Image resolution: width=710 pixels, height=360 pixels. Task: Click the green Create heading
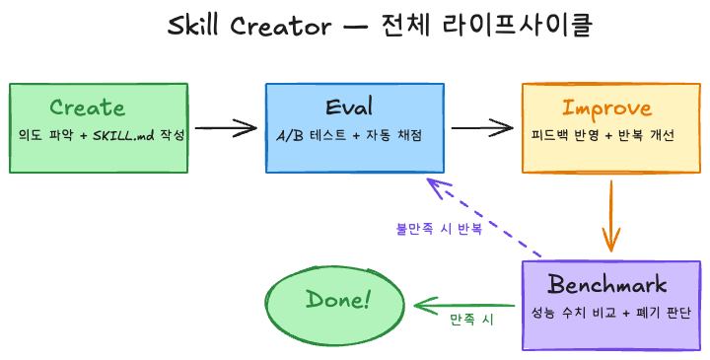87,108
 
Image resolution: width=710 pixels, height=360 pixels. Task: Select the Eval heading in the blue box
353,108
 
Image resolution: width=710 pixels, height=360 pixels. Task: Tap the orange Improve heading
606,108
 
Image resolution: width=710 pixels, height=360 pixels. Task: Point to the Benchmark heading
607,285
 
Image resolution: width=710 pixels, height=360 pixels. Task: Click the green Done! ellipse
337,300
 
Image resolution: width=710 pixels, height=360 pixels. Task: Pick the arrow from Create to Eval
226,127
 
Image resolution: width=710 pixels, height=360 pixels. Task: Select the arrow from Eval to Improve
482,127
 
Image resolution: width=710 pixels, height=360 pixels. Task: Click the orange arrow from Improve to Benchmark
610,213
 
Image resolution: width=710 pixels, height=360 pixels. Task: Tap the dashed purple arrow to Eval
483,217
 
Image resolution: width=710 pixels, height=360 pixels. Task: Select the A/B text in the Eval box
288,134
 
